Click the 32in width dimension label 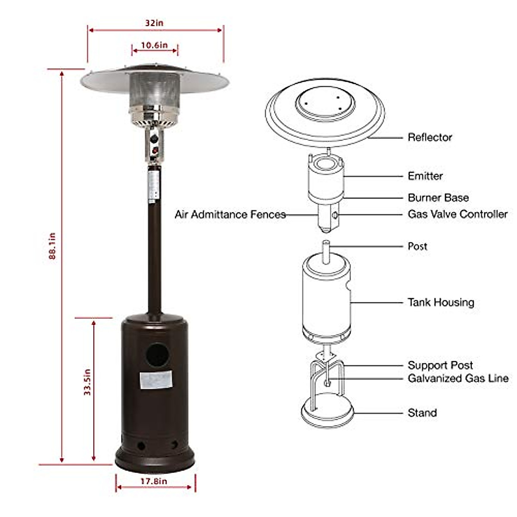point(154,23)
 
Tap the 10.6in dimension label point(154,45)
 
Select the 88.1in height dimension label point(52,246)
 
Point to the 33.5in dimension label point(87,382)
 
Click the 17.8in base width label point(154,481)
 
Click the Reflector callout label point(430,137)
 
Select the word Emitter point(425,176)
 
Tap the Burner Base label point(438,198)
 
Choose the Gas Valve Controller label point(458,214)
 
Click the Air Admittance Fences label point(230,215)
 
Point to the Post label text point(417,246)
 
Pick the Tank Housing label point(441,302)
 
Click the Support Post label point(440,365)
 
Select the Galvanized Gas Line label point(458,378)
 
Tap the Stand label point(422,413)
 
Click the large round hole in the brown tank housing point(157,355)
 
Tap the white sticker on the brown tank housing point(156,380)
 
